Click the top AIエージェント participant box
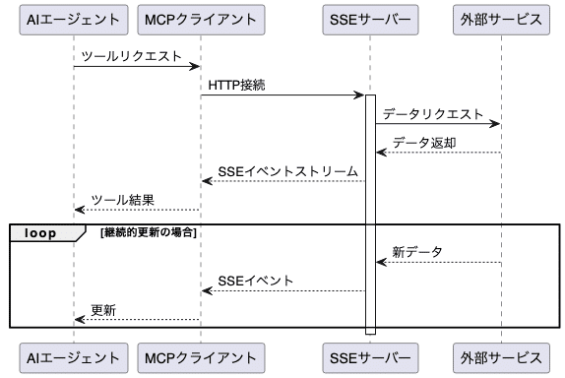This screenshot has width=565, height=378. tap(74, 19)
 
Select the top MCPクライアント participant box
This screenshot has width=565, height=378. tap(201, 19)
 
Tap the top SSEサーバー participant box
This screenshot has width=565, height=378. tap(370, 19)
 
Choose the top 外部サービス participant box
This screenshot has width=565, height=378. tap(500, 19)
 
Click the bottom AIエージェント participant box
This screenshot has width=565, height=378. tap(74, 355)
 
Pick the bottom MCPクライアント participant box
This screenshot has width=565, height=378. tap(201, 355)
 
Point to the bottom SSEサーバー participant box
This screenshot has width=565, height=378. tap(370, 355)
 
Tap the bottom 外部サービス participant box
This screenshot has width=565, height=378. tap(500, 355)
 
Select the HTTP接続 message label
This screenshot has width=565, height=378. tap(236, 86)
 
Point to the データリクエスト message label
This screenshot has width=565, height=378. tap(433, 114)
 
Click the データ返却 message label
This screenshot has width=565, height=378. tap(423, 143)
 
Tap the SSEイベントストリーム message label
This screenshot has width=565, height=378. tap(287, 171)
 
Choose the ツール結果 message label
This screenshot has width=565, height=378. tap(122, 200)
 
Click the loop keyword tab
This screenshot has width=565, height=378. tap(40, 233)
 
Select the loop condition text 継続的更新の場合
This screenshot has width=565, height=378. tap(149, 233)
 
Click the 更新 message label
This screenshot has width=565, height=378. tap(103, 310)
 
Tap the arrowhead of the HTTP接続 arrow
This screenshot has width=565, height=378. tap(360, 95)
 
